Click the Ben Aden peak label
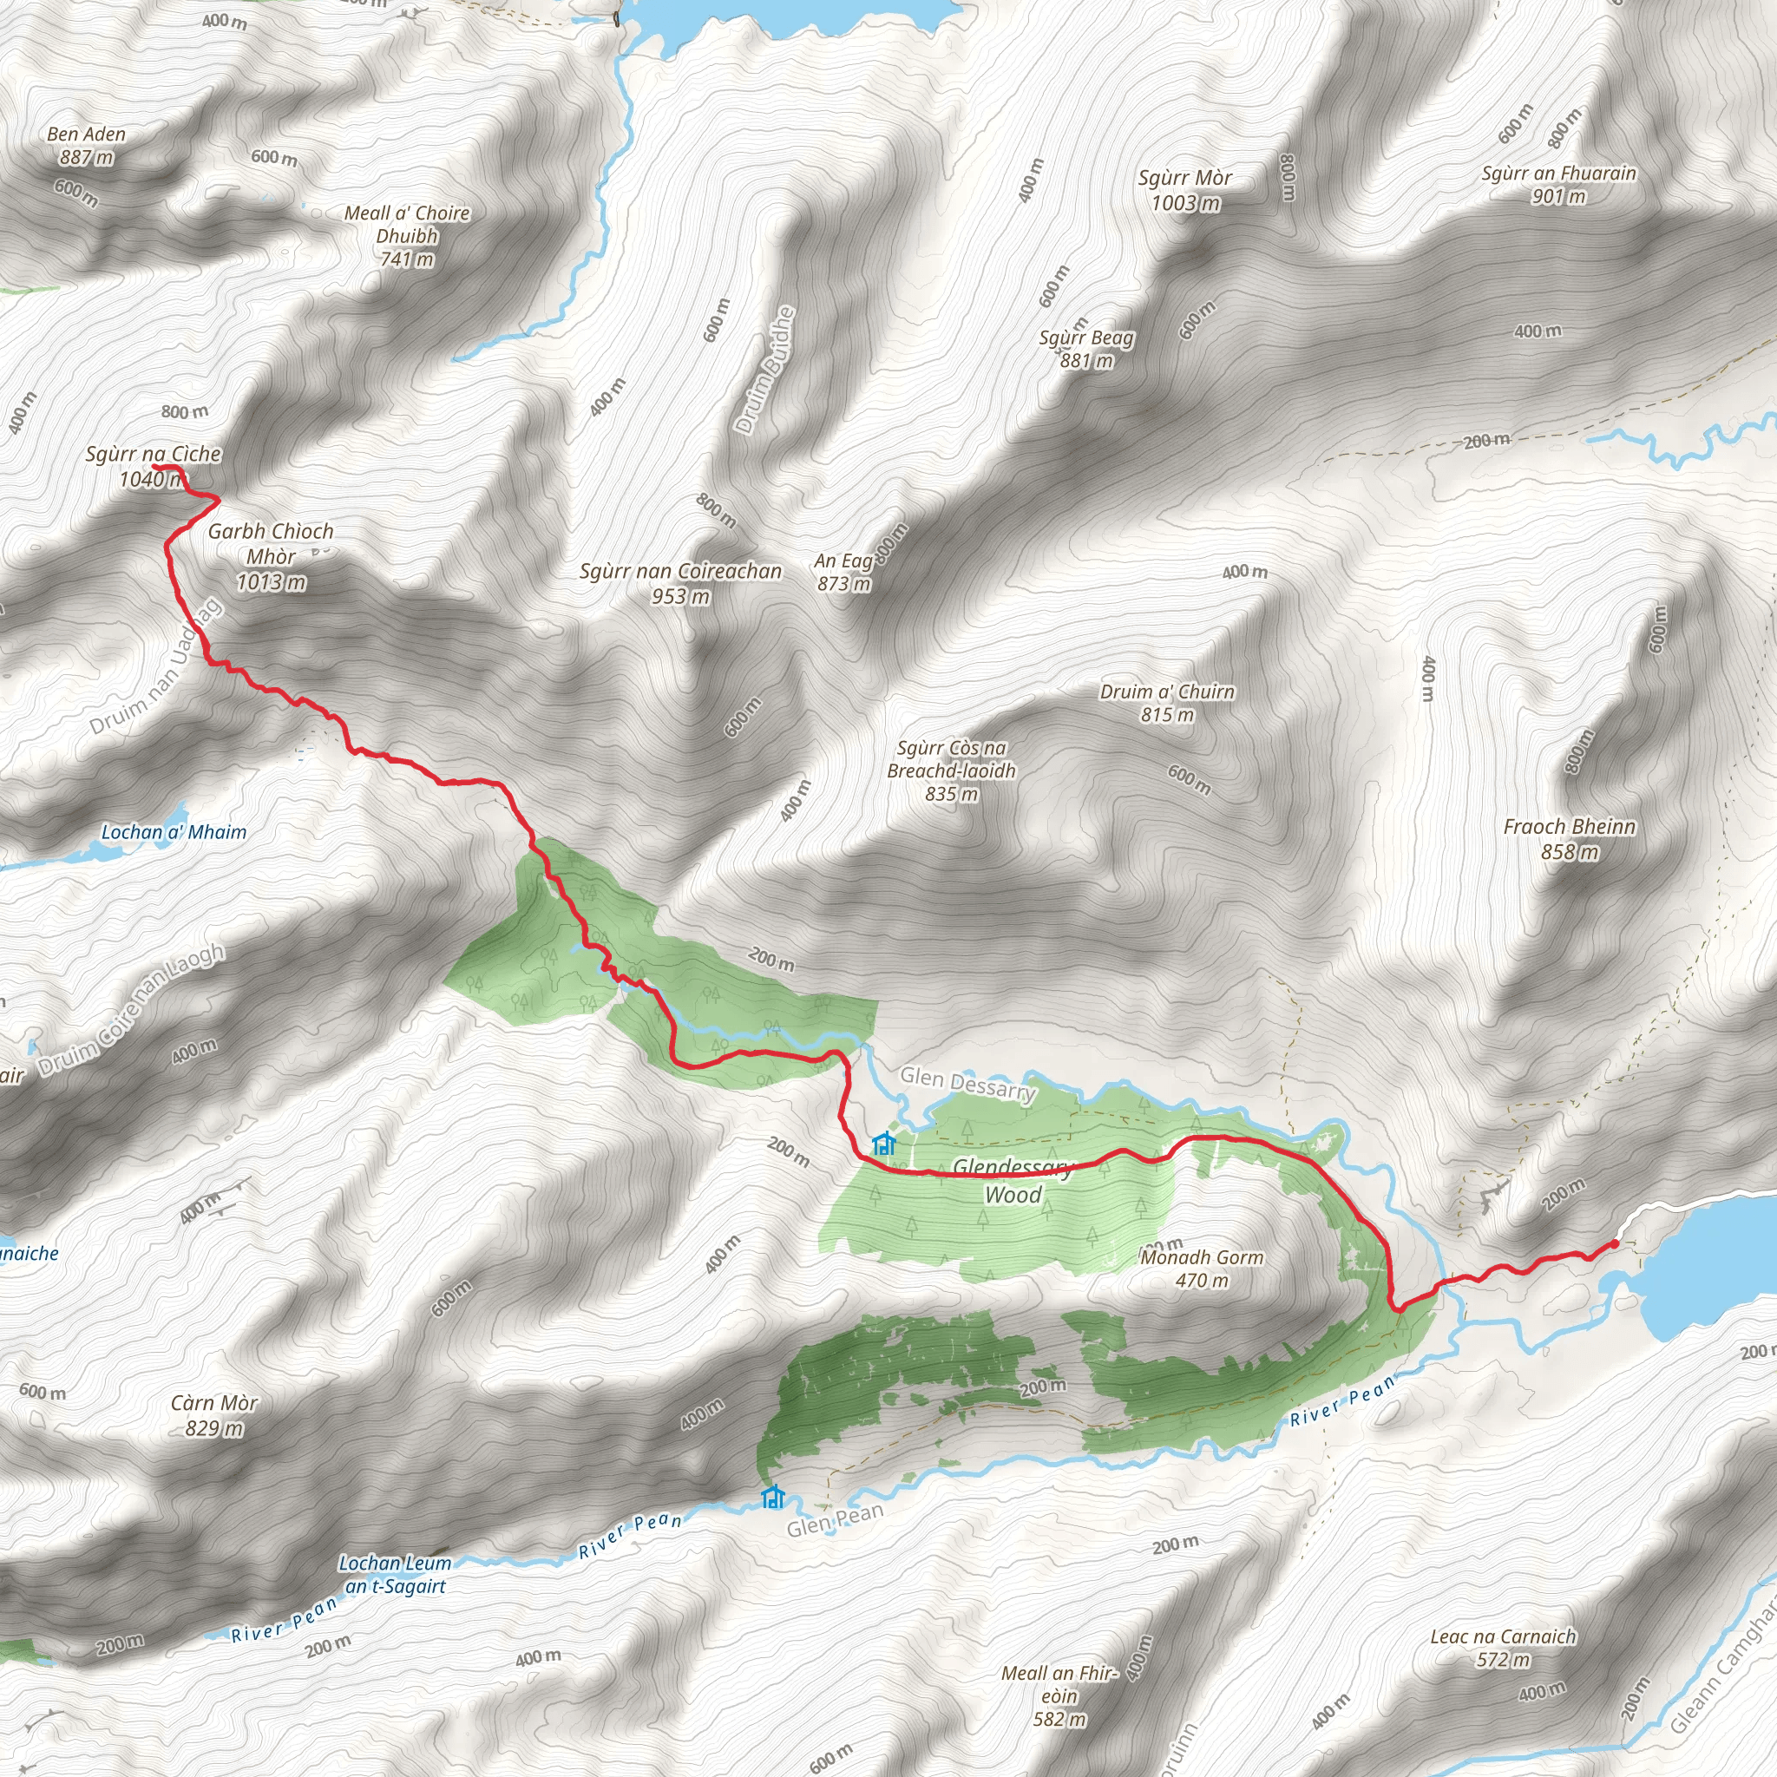pyautogui.click(x=87, y=145)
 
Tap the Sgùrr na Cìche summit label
pyautogui.click(x=153, y=465)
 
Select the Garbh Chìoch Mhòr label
pyautogui.click(x=271, y=555)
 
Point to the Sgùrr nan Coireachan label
pyautogui.click(x=680, y=583)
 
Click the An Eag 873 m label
pyautogui.click(x=843, y=571)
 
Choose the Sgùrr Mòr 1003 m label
pyautogui.click(x=1184, y=189)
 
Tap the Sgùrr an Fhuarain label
pyautogui.click(x=1559, y=184)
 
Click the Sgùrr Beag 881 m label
pyautogui.click(x=1086, y=349)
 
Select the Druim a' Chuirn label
pyautogui.click(x=1167, y=703)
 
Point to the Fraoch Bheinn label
pyautogui.click(x=1570, y=838)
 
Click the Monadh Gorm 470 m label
pyautogui.click(x=1202, y=1269)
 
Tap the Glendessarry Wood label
pyautogui.click(x=1013, y=1181)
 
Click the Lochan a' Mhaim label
pyautogui.click(x=174, y=832)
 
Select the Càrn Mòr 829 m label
pyautogui.click(x=214, y=1414)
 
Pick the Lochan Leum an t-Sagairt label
pyautogui.click(x=396, y=1574)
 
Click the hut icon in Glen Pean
pyautogui.click(x=772, y=1497)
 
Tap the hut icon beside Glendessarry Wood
pyautogui.click(x=884, y=1144)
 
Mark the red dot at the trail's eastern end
pyautogui.click(x=1614, y=1244)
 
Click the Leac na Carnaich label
pyautogui.click(x=1503, y=1648)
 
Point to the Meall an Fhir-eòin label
pyautogui.click(x=1059, y=1695)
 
